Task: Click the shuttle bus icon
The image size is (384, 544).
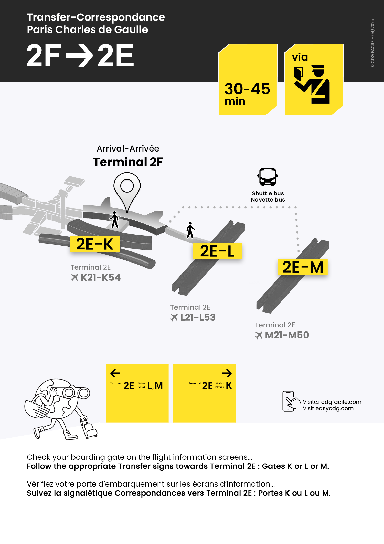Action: coord(268,177)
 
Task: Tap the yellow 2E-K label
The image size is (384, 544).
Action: coord(95,244)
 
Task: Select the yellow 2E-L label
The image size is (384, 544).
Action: coord(217,251)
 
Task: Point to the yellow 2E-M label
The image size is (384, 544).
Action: coord(303,267)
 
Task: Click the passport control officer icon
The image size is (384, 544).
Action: coord(312,84)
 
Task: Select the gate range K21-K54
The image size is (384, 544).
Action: coord(100,278)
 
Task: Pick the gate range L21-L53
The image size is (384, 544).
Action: coord(198,318)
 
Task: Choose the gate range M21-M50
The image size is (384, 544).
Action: coord(287,335)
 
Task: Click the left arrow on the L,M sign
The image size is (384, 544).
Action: coord(115,373)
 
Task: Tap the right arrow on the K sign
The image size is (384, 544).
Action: coord(227,373)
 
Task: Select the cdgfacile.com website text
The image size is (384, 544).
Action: coord(341,402)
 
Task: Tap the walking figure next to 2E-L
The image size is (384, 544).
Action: coord(190,230)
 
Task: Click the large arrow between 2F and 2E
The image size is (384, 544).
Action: coord(79,55)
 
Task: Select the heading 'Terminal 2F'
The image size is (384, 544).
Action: coord(128,162)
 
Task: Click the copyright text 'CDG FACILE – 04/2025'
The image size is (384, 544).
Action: coord(372,43)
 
